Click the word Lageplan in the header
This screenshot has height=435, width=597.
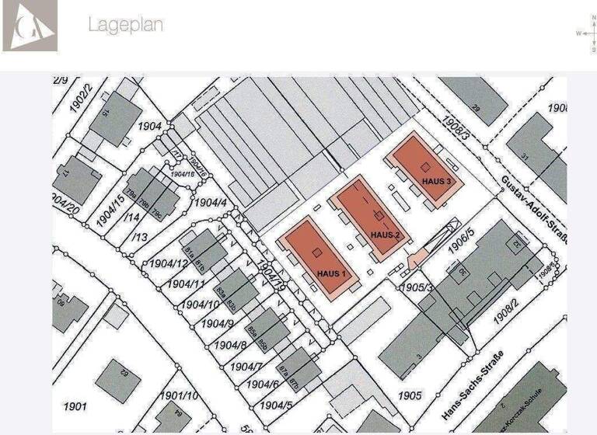125,24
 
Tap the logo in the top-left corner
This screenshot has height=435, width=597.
30,26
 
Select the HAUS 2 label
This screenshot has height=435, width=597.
386,235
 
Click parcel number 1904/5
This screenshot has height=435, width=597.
277,405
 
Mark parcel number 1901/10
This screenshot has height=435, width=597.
179,395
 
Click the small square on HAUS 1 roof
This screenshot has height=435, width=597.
316,252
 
